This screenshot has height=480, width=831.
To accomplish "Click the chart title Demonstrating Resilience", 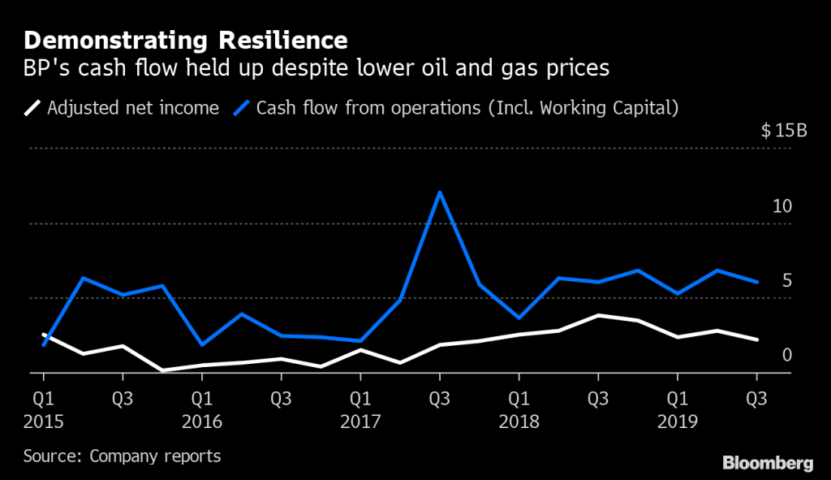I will coord(186,40).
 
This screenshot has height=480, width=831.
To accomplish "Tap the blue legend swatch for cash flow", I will coord(243,107).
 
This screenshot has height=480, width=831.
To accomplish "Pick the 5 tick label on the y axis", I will coord(786,281).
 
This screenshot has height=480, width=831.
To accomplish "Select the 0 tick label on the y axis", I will coord(786,355).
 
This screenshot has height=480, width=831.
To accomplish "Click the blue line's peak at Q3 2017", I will coord(440,192).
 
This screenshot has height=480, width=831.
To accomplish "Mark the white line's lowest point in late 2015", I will coord(162,370).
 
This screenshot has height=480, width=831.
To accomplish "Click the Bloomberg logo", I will coord(767,462).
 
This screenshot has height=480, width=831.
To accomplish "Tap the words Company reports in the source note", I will coord(155,456).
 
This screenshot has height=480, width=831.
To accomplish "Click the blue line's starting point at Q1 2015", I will coord(43,345).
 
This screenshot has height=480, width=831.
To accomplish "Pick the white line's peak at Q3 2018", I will coord(598,315).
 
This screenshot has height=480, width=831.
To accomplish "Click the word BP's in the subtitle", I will coord(45,69).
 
